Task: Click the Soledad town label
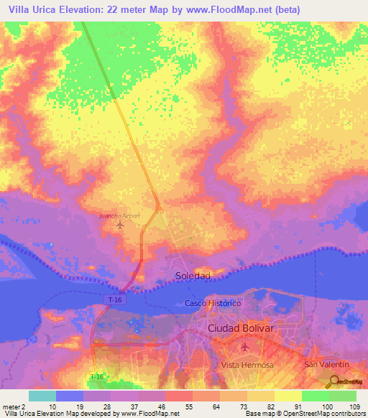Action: (x=193, y=276)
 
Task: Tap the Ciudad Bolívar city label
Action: (x=241, y=328)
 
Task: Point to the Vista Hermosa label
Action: (x=248, y=365)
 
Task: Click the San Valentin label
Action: (x=325, y=365)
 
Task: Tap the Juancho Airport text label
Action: (x=119, y=215)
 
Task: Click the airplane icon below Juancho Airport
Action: (x=119, y=226)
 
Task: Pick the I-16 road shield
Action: (x=97, y=376)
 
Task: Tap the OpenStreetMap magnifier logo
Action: (x=335, y=381)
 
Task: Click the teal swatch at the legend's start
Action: (x=42, y=396)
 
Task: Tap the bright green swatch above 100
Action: (x=316, y=396)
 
